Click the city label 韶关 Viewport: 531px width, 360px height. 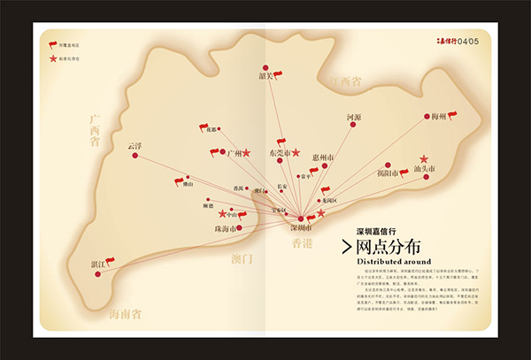[263, 76]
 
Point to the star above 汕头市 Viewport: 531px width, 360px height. [423, 158]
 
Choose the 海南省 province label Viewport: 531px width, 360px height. [129, 314]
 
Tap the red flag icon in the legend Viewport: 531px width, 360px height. [52, 42]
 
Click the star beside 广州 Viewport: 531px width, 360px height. [247, 153]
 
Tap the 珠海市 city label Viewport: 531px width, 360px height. [227, 229]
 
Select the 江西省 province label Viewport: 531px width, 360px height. [344, 81]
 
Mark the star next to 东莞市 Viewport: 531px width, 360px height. [296, 152]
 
